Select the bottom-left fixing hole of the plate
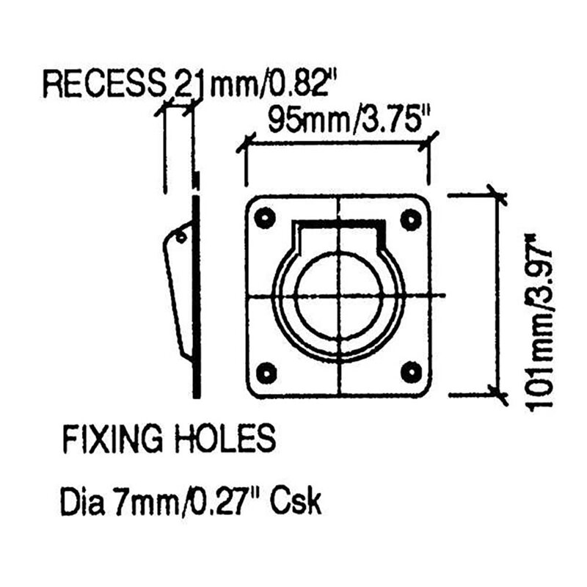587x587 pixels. (266, 371)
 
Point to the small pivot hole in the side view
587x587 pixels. (180, 237)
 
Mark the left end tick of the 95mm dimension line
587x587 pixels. (245, 142)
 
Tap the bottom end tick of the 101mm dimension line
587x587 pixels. (498, 395)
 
